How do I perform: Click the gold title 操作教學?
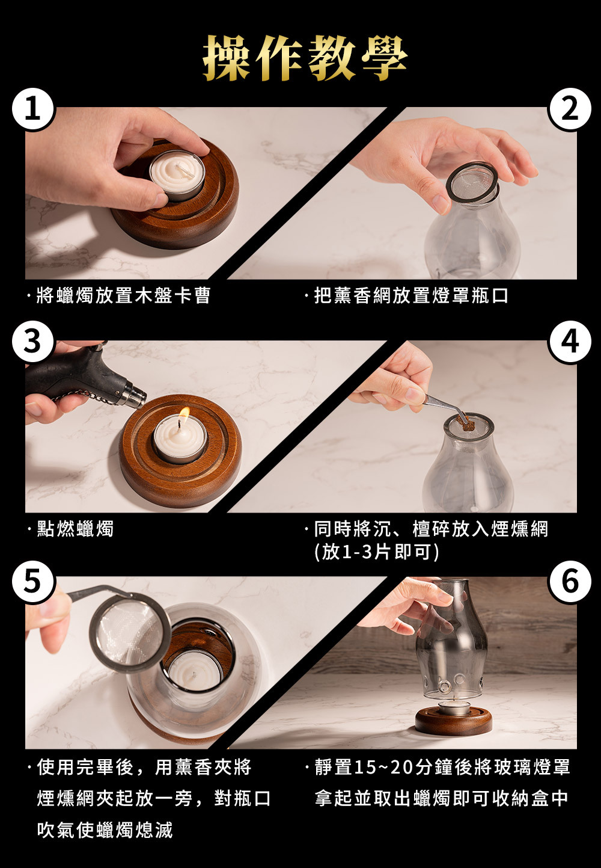305,58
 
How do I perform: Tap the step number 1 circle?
32,109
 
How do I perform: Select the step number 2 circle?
569,109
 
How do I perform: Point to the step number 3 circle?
32,342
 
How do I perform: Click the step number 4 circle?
569,342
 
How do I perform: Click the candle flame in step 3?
185,414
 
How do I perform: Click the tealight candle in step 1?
177,175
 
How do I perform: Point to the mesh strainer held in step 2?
472,183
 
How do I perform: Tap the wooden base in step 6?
453,720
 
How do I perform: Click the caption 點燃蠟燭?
75,529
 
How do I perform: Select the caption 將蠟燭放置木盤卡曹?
124,295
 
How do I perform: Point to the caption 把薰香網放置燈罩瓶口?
411,295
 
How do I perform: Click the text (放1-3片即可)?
377,552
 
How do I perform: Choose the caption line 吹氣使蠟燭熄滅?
105,830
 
